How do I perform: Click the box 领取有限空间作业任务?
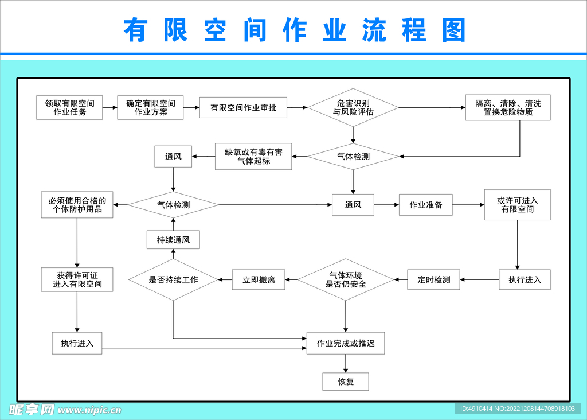69,108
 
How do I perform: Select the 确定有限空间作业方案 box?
150,108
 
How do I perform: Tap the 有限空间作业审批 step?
243,108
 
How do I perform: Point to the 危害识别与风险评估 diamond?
353,108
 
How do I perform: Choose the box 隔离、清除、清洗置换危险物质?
508,108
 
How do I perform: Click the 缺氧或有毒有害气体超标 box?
253,157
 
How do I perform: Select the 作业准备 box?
425,205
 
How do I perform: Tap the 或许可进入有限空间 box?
517,205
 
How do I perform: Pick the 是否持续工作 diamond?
173,280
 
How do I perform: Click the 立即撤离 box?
259,280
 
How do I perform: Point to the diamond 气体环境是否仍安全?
346,280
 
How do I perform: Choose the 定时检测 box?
433,280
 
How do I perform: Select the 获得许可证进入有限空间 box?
77,279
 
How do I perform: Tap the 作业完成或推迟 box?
346,343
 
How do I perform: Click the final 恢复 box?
346,382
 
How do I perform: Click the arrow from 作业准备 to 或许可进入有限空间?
468,205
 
